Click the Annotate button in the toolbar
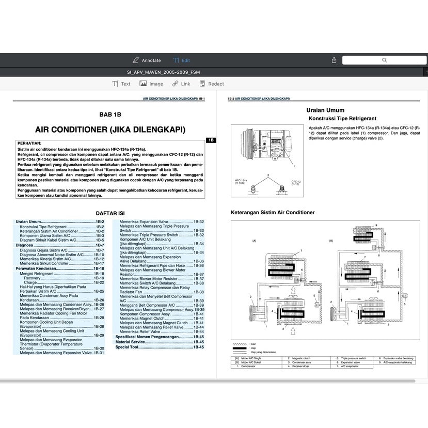[x=147, y=60]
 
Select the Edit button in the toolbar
[x=182, y=60]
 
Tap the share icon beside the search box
[x=334, y=60]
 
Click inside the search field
[x=384, y=60]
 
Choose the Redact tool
[x=212, y=84]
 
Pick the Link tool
[x=181, y=84]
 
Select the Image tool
[x=152, y=84]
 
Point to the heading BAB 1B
[x=110, y=115]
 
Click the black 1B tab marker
[x=211, y=140]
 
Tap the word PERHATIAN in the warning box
[x=29, y=143]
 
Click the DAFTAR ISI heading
[x=110, y=213]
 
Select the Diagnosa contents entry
[x=25, y=245]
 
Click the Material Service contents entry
[x=130, y=342]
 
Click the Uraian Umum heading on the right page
[x=325, y=110]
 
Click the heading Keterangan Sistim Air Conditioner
[x=273, y=212]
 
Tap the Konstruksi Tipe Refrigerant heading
[x=342, y=119]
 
